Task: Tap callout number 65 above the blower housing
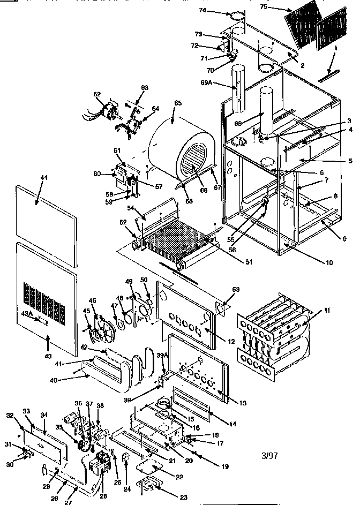click(178, 103)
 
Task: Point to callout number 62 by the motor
click(97, 95)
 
